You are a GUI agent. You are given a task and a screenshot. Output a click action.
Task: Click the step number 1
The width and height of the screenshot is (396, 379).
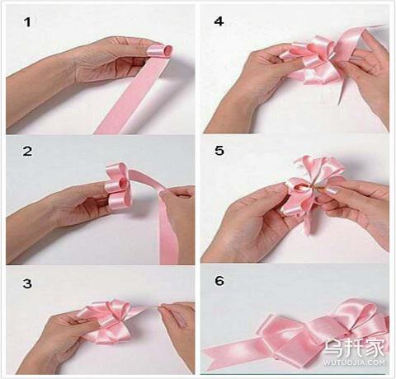coord(27,22)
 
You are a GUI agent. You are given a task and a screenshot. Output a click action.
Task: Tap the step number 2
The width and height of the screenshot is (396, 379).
coord(27,151)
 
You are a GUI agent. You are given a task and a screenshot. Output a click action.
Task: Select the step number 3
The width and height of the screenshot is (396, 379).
coord(27,283)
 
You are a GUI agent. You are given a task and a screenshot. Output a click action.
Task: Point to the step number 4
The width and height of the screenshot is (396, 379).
coord(219,21)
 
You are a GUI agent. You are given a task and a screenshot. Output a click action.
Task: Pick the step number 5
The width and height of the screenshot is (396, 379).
coord(219,151)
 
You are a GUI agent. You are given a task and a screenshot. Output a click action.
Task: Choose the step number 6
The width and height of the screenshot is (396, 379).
coord(219,281)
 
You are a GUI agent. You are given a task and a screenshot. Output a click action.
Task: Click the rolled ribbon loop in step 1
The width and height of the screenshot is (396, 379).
coord(160,51)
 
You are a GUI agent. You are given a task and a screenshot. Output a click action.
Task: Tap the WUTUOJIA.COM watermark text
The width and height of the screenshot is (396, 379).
coord(354,363)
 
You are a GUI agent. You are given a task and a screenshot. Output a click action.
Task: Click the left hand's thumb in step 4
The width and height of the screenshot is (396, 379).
coord(286,63)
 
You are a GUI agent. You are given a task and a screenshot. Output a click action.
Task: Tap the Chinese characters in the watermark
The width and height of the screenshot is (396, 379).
coord(354,348)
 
